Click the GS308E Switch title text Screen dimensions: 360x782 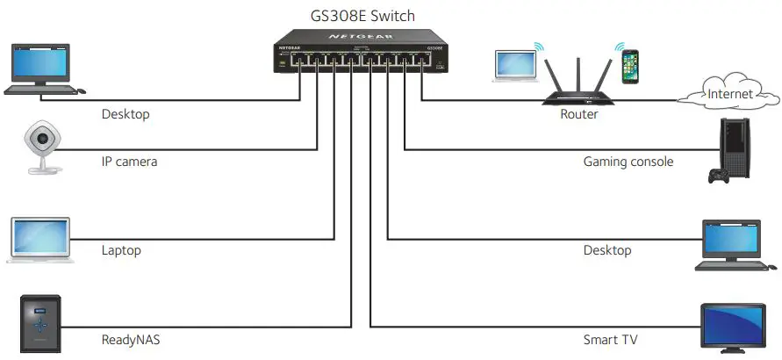click(362, 16)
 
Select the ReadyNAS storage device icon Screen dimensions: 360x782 click(40, 324)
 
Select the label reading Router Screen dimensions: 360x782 click(578, 114)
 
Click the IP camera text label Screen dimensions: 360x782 click(129, 162)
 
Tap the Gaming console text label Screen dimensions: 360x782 click(628, 162)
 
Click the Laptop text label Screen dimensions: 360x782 click(121, 250)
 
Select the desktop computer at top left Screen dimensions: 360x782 click(40, 68)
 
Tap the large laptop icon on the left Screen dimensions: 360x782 click(40, 239)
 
